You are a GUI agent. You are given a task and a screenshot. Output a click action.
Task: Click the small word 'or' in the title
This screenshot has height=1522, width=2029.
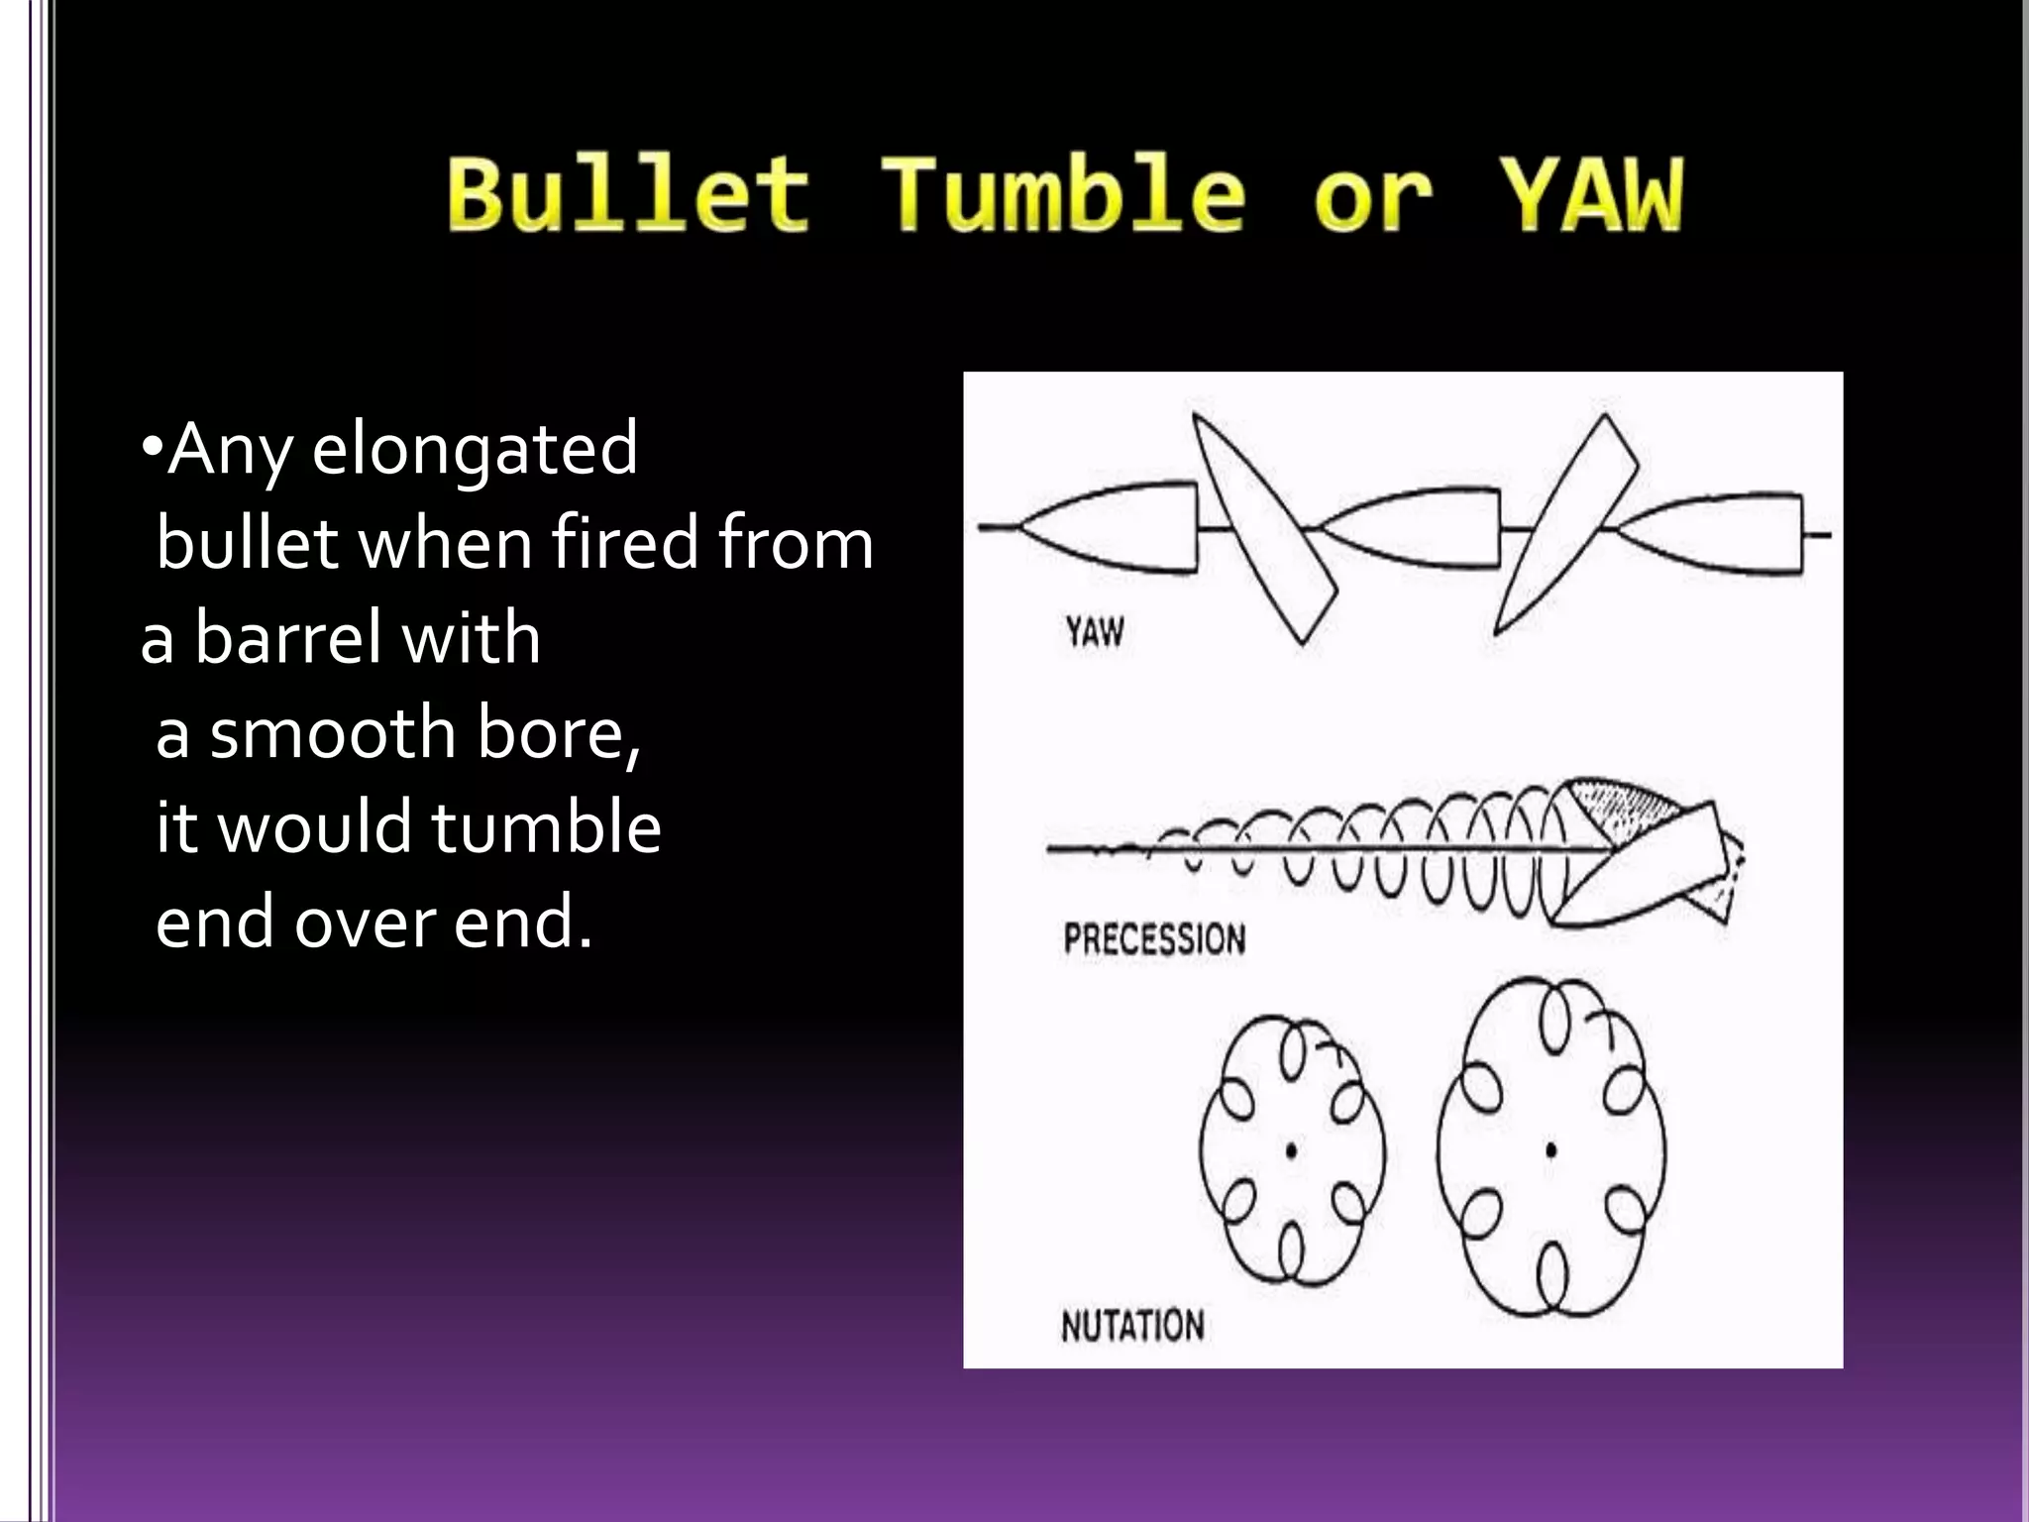1373,203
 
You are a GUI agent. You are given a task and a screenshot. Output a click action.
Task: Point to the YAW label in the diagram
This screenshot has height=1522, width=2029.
1095,631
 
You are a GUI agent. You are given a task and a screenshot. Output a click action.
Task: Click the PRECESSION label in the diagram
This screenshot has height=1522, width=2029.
1154,938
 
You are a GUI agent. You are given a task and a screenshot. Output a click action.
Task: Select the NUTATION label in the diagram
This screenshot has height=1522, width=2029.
1132,1325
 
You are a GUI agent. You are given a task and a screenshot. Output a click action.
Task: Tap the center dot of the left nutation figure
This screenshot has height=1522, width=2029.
1291,1150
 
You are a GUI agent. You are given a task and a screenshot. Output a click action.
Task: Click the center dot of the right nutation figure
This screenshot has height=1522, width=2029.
1550,1150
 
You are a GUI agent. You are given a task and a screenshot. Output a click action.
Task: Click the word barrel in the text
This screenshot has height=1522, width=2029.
288,639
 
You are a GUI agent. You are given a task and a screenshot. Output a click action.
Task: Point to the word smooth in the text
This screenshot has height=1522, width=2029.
333,733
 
